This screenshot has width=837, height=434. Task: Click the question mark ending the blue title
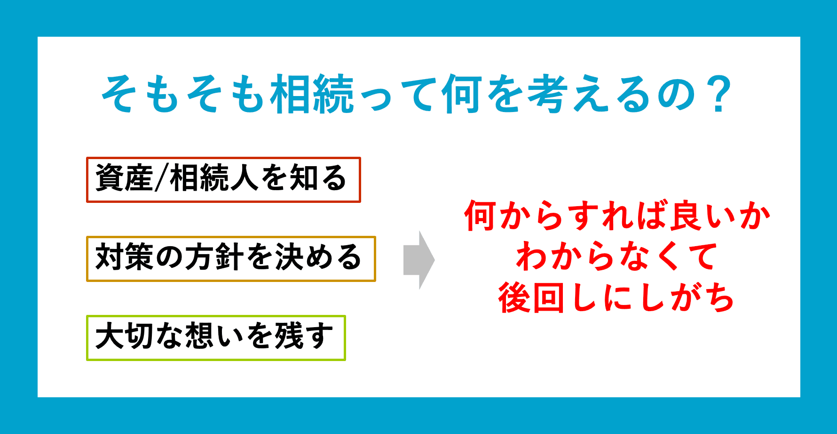click(718, 94)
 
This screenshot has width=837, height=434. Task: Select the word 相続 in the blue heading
click(312, 94)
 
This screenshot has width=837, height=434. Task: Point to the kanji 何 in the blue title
click(461, 94)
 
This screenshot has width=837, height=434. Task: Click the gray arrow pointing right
click(419, 260)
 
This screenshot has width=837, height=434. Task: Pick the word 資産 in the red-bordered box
click(124, 178)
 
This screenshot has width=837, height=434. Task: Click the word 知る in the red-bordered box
click(318, 178)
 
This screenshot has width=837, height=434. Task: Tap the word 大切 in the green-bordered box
click(124, 336)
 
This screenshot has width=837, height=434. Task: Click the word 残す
click(304, 336)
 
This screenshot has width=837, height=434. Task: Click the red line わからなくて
click(616, 257)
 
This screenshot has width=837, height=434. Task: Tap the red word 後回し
click(548, 298)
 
